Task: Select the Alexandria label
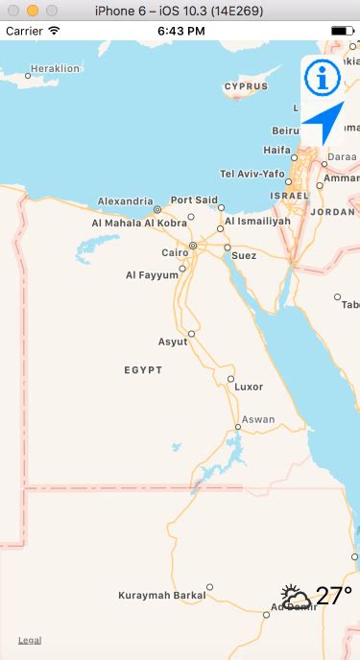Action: point(125,201)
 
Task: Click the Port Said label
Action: point(194,200)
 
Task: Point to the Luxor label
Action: point(249,387)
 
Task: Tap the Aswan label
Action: point(258,419)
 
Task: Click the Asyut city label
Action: point(173,342)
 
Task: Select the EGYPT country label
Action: point(143,369)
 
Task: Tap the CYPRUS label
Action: point(246,86)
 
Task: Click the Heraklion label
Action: point(56,69)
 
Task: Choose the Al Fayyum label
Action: point(152,275)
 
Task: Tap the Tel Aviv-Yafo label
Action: point(252,174)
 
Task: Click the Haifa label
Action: point(276,150)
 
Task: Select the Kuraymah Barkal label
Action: point(161,596)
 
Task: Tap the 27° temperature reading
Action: point(333,597)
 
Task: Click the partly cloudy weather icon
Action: point(296,598)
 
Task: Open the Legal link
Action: point(30,640)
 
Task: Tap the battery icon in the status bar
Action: point(341,31)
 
